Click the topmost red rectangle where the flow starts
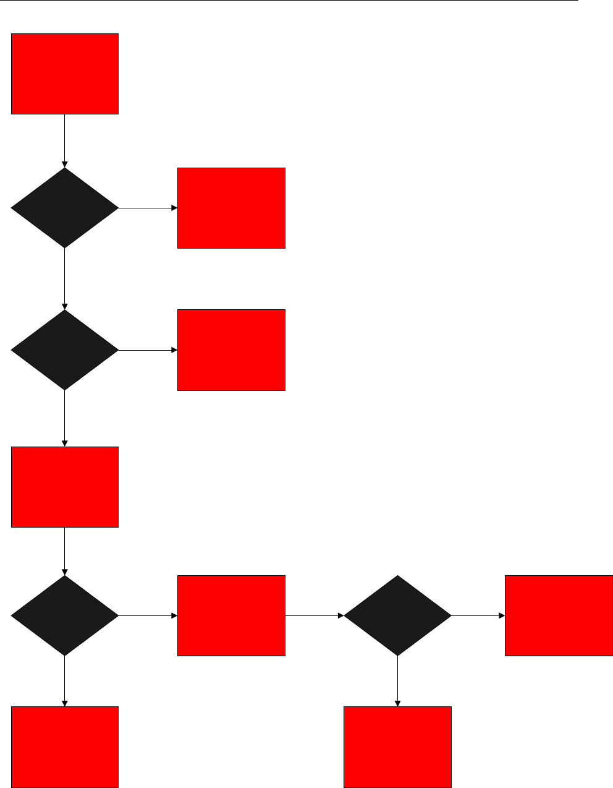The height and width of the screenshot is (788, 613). tap(65, 74)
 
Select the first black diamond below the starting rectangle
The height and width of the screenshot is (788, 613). tap(65, 208)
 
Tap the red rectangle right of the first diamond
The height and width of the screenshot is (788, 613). tap(231, 208)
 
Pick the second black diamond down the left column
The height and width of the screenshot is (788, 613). tap(65, 350)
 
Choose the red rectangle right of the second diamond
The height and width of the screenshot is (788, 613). tap(231, 350)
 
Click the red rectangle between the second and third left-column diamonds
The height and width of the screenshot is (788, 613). tap(65, 487)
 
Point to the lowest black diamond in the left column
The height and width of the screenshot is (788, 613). tap(65, 615)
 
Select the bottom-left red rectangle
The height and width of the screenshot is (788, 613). tap(65, 747)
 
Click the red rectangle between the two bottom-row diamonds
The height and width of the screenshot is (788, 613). tap(231, 615)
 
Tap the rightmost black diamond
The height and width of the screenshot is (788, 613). tap(397, 615)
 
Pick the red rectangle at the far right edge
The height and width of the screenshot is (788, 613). tap(559, 615)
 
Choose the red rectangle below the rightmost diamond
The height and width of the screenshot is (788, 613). tap(397, 747)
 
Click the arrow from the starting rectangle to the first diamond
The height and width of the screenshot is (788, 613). tap(65, 141)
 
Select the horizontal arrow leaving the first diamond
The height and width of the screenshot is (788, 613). tap(148, 208)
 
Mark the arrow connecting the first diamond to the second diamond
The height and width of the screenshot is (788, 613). tap(65, 279)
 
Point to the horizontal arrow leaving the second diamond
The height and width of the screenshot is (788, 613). tap(148, 350)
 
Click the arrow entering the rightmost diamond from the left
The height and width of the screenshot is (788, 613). tap(315, 615)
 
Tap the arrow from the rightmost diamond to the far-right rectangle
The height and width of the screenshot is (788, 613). tap(478, 615)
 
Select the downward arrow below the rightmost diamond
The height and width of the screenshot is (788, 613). tap(397, 681)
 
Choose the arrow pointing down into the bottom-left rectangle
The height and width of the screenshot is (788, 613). tap(65, 681)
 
